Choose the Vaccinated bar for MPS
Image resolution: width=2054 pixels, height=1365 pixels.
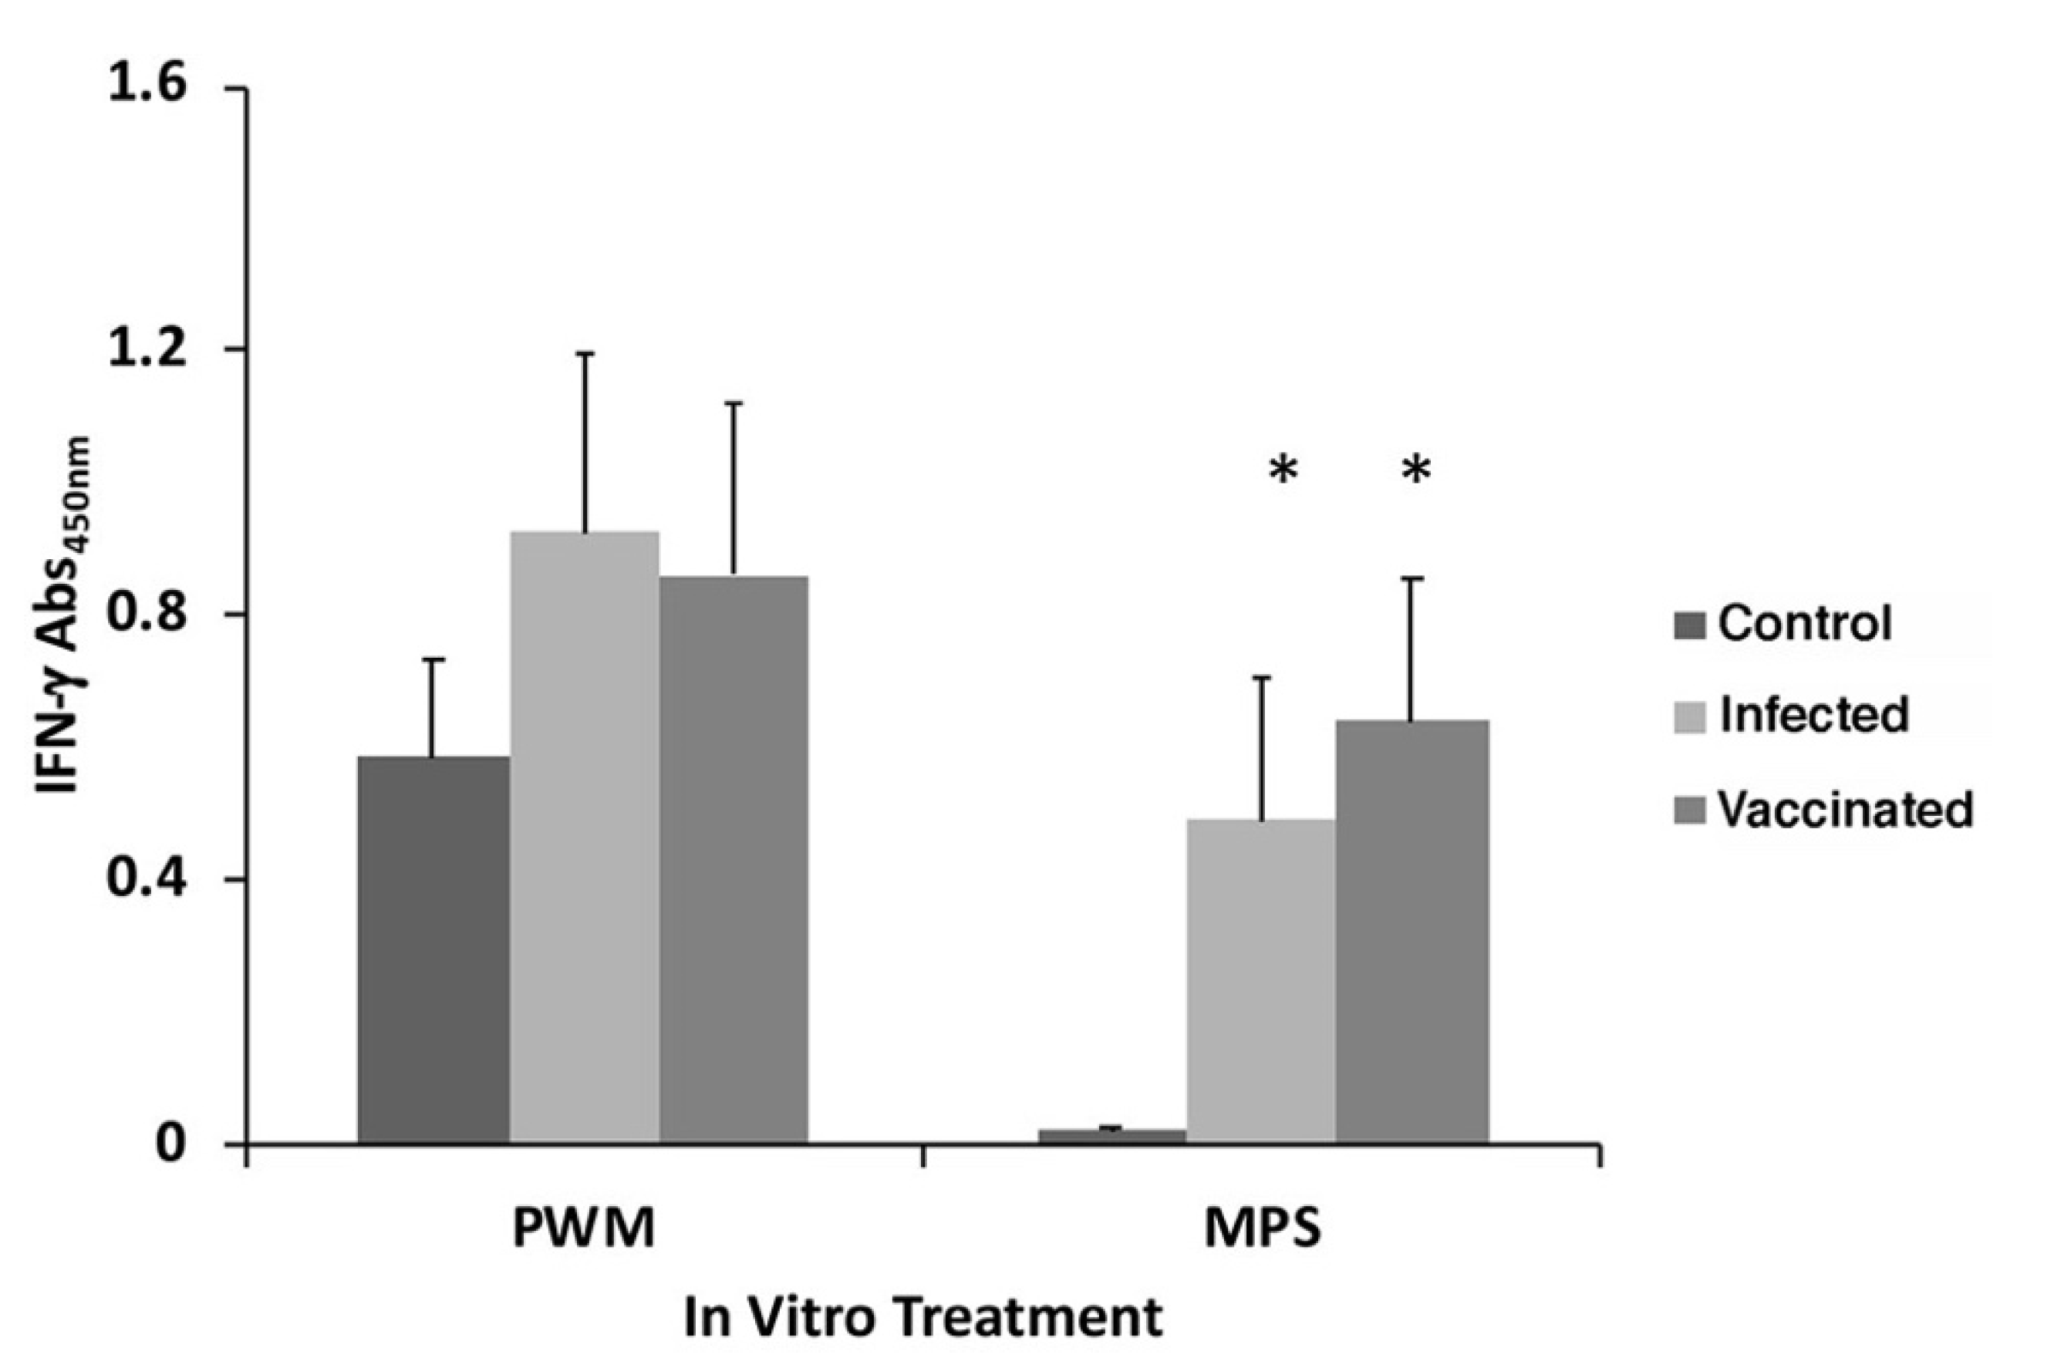pos(1411,931)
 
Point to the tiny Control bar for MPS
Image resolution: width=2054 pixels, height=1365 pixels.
pos(1112,1135)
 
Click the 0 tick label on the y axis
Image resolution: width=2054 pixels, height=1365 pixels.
pos(171,1143)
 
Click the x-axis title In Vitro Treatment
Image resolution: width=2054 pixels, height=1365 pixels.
pos(923,1317)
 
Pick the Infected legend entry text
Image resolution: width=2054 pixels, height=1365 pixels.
pos(1813,714)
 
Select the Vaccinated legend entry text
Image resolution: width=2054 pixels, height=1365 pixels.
pos(1844,809)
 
